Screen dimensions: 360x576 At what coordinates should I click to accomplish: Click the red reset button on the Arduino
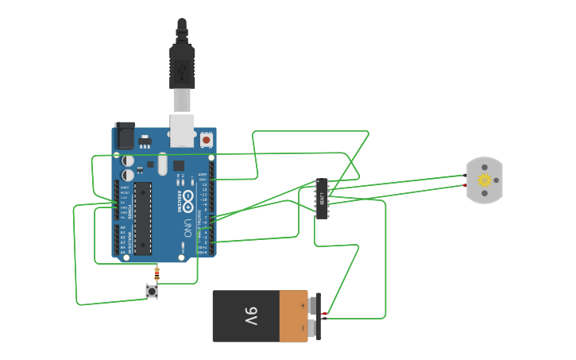click(x=207, y=140)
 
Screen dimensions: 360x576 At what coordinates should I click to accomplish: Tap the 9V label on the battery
click(x=250, y=315)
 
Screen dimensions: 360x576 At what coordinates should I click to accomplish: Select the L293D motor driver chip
click(x=322, y=198)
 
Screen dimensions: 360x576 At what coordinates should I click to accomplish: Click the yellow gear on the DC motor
click(x=484, y=180)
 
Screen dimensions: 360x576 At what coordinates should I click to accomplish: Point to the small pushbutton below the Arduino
click(x=152, y=292)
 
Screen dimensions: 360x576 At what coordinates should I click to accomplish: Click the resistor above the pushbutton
click(x=157, y=274)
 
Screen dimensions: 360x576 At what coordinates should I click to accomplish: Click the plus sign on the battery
click(x=303, y=305)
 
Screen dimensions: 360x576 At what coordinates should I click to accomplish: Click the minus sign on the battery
click(x=303, y=327)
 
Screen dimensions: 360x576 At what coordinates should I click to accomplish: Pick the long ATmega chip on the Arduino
click(x=143, y=219)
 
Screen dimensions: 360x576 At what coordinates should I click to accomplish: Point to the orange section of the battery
click(x=293, y=315)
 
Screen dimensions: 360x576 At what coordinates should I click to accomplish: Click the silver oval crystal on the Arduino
click(x=163, y=164)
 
